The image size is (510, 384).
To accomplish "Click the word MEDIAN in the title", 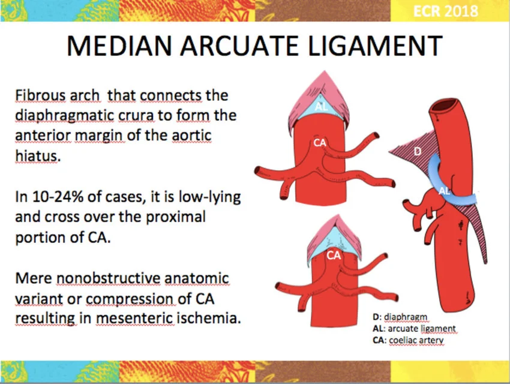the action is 119,46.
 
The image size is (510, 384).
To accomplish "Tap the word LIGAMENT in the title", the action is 374,46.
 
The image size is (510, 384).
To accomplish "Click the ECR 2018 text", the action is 445,11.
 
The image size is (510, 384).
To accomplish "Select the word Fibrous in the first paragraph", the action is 40,95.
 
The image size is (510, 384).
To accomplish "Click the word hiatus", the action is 38,156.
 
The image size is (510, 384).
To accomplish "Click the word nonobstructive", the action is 109,278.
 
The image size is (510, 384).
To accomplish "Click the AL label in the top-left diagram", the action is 322,106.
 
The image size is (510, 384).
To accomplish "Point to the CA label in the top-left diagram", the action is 320,142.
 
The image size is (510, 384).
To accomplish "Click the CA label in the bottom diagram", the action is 334,255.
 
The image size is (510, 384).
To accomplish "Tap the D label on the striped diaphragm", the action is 418,151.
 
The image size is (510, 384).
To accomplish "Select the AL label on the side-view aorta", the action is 444,191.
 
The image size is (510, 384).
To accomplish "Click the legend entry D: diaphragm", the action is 400,317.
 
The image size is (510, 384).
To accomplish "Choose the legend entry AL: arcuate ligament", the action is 414,328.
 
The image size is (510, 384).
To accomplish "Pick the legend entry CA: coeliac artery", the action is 408,340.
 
